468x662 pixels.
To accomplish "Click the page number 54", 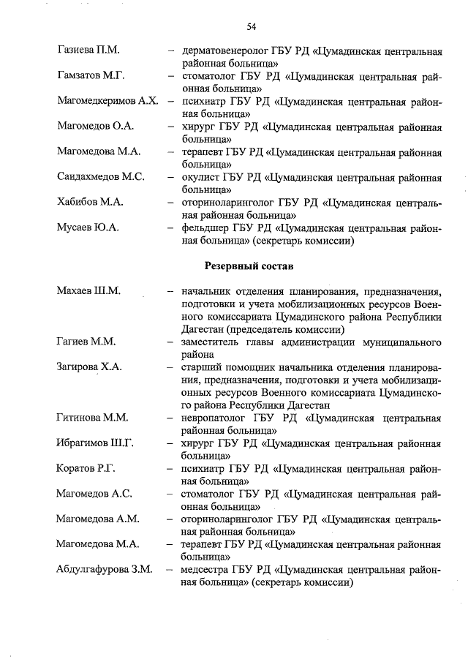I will [251, 26].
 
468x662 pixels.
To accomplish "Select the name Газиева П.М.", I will [88, 50].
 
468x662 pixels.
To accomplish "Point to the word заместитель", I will [213, 342].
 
